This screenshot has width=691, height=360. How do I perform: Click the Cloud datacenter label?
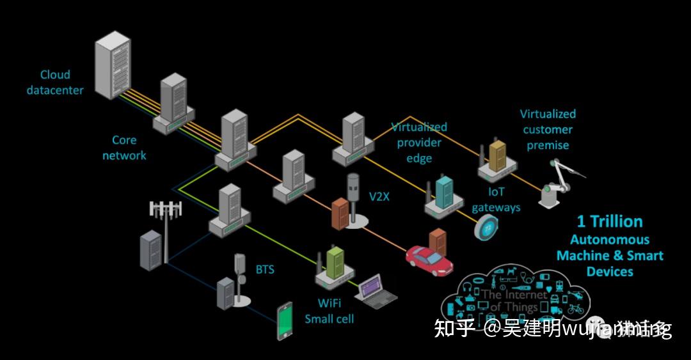[55, 82]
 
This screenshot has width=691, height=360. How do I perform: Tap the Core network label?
[124, 148]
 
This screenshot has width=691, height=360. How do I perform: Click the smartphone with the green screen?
[285, 321]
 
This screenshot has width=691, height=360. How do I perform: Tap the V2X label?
[379, 197]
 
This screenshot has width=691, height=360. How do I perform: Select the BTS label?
[264, 269]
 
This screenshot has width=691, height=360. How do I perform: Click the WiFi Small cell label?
[329, 310]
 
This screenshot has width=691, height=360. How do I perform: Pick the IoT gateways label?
[496, 199]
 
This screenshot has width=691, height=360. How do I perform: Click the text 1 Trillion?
[609, 222]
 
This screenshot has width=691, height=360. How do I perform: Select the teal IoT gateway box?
[444, 191]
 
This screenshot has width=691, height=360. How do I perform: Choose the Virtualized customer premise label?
[548, 129]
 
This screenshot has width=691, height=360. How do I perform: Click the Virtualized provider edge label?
[419, 143]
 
